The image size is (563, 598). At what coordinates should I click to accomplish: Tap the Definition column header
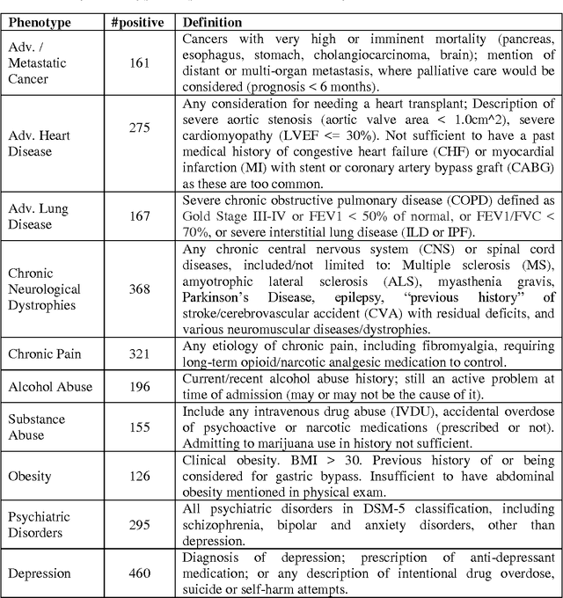[x=217, y=22]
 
